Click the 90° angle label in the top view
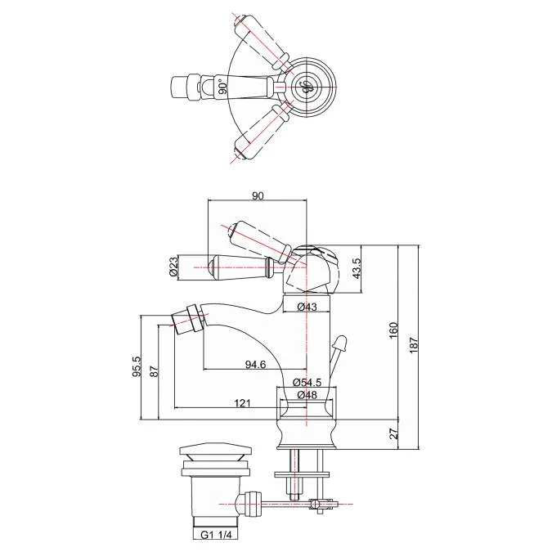click(x=221, y=87)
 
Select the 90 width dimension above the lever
click(x=258, y=195)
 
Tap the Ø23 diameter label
click(x=174, y=266)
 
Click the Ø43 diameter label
click(x=307, y=307)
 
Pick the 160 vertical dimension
click(x=393, y=330)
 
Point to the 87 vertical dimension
click(x=155, y=370)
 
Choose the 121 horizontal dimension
click(x=242, y=402)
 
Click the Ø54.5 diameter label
click(x=307, y=383)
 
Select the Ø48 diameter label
click(x=307, y=395)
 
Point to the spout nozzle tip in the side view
click(x=186, y=319)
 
